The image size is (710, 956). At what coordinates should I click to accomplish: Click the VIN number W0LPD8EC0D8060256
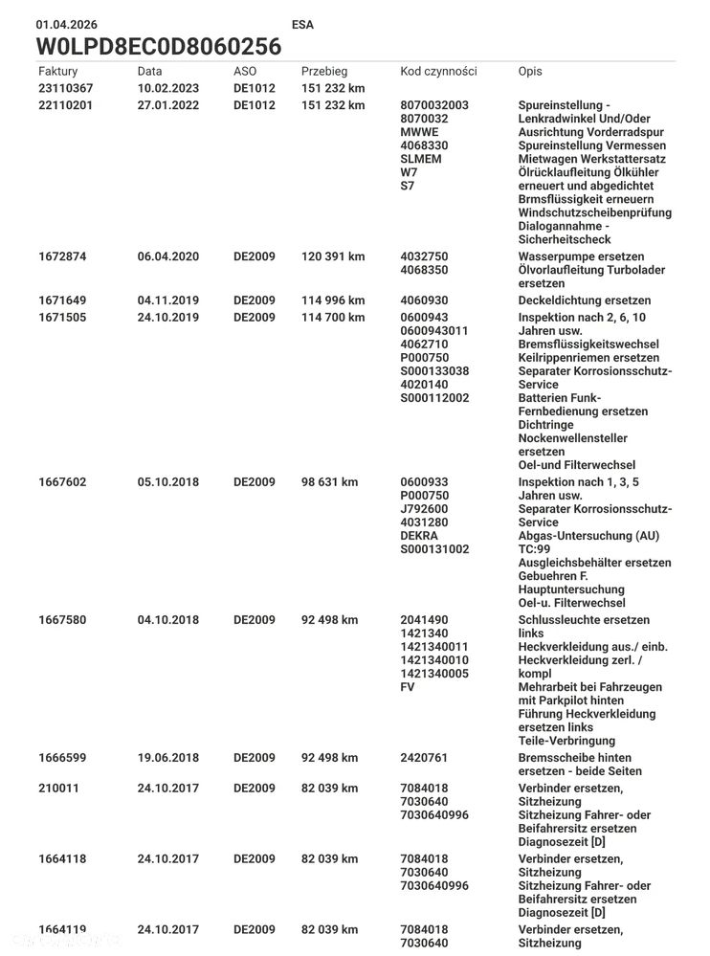(x=158, y=47)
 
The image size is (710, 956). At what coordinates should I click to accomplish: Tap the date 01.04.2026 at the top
(x=66, y=25)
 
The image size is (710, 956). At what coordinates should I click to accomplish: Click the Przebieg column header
(x=324, y=72)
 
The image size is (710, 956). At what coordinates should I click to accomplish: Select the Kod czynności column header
(x=438, y=72)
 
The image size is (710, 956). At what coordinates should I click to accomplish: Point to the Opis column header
(x=530, y=72)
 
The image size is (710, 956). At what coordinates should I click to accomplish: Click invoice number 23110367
(x=65, y=89)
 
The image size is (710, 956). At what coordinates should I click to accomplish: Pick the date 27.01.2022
(x=168, y=106)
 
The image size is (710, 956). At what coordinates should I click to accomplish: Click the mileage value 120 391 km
(x=332, y=257)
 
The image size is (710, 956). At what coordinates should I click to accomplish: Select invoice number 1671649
(x=62, y=301)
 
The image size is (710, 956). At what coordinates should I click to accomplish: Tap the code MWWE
(x=419, y=133)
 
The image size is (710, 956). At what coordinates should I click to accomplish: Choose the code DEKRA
(x=419, y=537)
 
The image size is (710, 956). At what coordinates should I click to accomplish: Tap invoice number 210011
(x=58, y=789)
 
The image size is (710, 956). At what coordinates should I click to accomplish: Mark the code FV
(x=408, y=688)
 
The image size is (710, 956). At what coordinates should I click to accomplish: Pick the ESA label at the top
(x=301, y=25)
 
